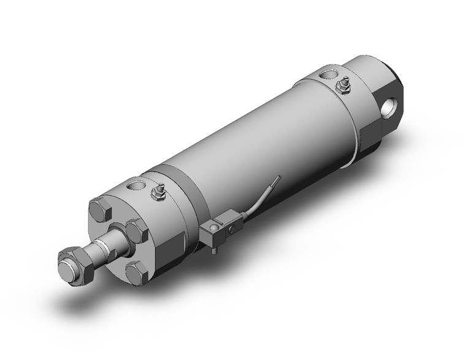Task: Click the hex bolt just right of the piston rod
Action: pos(136,232)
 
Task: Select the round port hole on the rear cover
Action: pos(326,75)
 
